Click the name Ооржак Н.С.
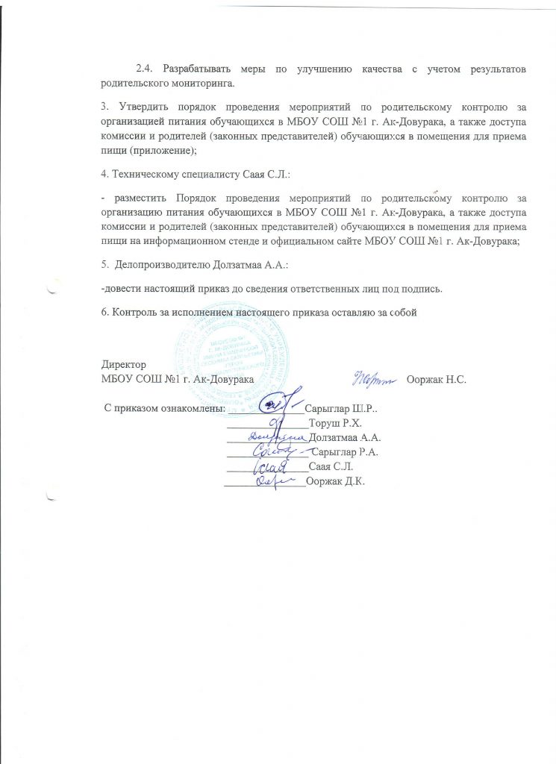coord(437,380)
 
